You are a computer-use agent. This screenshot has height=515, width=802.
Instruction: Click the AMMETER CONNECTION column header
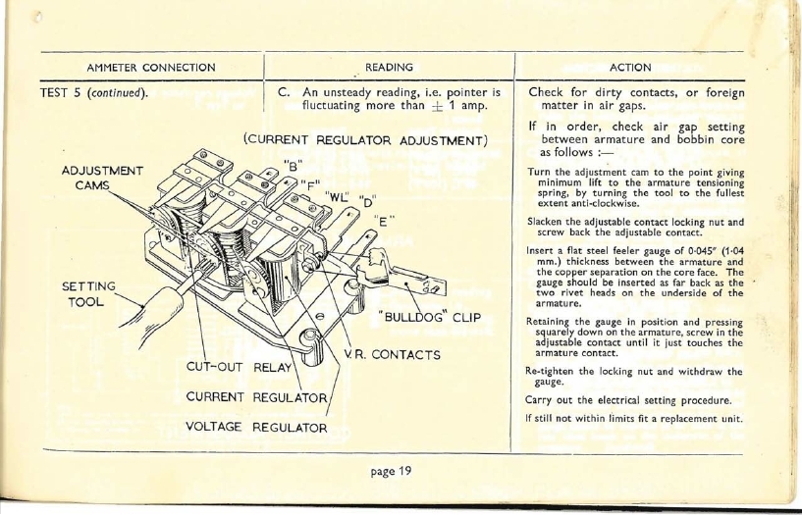[x=151, y=68]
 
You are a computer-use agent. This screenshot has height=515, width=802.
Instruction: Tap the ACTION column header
[x=630, y=68]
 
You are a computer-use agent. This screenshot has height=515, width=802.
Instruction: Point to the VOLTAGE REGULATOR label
[x=247, y=428]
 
